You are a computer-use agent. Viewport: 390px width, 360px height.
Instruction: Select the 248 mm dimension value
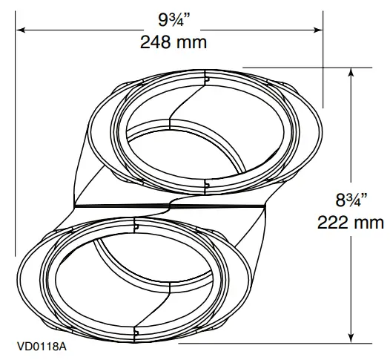pos(173,42)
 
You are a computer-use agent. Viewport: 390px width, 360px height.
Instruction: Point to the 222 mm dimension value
pos(351,222)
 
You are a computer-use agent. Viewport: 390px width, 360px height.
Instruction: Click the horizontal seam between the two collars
pos(171,205)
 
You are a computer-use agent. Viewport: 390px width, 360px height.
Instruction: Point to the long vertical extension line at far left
pos(14,148)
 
